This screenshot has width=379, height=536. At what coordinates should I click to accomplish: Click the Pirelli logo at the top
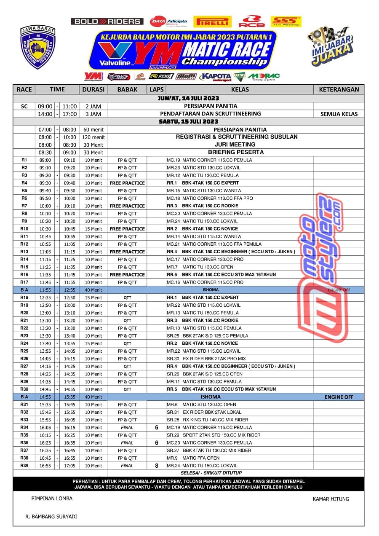click(212, 21)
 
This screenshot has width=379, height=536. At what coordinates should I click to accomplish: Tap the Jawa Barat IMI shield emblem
click(38, 47)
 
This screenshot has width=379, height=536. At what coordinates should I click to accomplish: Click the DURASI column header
click(93, 89)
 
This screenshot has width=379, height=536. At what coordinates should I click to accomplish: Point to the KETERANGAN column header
click(339, 89)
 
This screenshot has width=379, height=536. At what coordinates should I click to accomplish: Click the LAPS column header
click(157, 89)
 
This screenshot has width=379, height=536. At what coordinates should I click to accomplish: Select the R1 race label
click(24, 160)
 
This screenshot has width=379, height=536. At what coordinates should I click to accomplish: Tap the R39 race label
click(24, 466)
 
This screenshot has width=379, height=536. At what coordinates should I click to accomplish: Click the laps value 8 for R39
click(157, 466)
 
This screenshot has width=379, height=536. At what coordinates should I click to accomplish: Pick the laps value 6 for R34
click(157, 427)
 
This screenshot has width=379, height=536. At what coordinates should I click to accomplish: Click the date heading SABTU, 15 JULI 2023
click(189, 122)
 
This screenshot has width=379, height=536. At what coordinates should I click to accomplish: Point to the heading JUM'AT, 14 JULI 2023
click(189, 98)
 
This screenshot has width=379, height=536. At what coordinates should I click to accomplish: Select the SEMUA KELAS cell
click(339, 114)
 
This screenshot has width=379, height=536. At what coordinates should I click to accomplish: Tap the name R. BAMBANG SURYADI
click(51, 516)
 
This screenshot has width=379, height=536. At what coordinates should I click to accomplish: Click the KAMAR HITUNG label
click(331, 499)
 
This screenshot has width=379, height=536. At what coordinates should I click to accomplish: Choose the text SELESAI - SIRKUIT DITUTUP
click(211, 473)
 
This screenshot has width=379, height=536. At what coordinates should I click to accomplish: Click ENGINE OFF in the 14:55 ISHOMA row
click(339, 397)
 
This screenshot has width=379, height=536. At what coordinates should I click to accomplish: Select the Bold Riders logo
click(107, 21)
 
